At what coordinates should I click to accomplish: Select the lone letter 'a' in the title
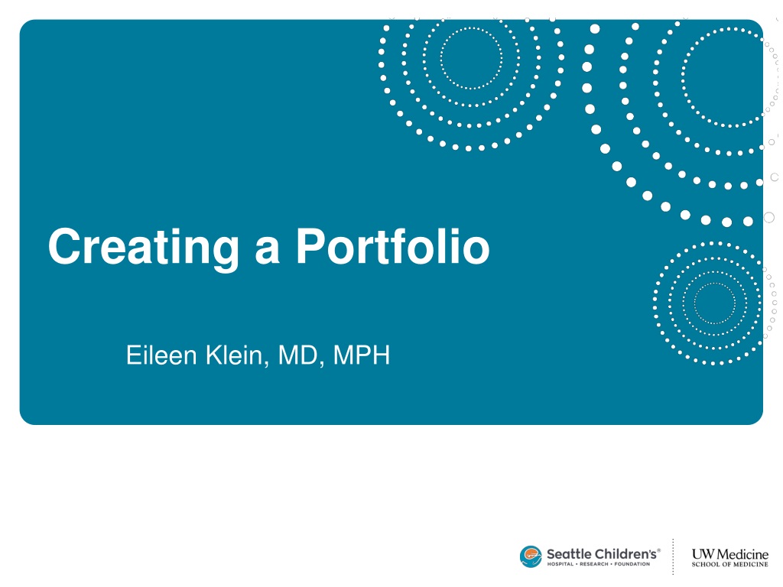[x=267, y=251]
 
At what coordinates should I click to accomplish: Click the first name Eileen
[x=161, y=355]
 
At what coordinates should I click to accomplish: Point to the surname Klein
[x=234, y=355]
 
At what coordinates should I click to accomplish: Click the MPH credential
[x=361, y=355]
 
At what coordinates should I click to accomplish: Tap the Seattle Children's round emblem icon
[x=531, y=556]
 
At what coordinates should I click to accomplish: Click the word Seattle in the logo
[x=569, y=554]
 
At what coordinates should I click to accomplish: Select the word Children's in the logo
[x=625, y=554]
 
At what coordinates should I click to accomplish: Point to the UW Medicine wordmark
[x=729, y=554]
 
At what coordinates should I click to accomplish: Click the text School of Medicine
[x=729, y=565]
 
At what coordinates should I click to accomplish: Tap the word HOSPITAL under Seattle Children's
[x=560, y=564]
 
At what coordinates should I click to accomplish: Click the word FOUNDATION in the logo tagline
[x=632, y=564]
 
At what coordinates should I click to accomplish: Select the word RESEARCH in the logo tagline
[x=593, y=564]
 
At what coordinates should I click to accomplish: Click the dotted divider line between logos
[x=673, y=556]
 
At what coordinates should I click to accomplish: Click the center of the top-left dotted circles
[x=471, y=58]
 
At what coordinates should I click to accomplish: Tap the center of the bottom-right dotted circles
[x=715, y=303]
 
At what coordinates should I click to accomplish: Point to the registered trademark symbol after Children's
[x=658, y=550]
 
